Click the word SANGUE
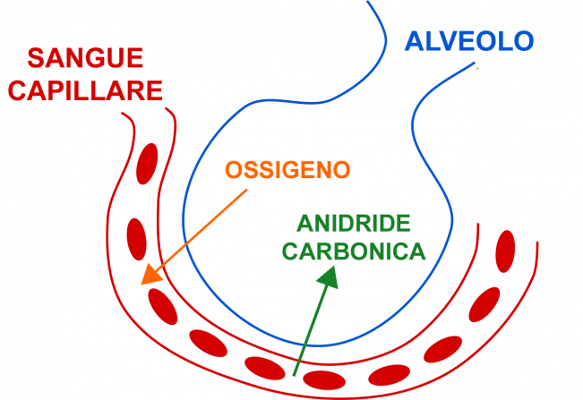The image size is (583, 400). (x=85, y=59)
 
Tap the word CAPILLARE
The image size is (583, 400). (x=95, y=90)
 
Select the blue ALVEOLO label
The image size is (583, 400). (x=468, y=41)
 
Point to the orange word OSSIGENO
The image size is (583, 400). (x=287, y=170)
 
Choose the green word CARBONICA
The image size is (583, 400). (x=354, y=251)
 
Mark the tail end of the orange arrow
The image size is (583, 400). (x=248, y=190)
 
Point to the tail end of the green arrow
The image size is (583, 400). (x=294, y=376)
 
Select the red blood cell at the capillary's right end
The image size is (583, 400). (x=506, y=251)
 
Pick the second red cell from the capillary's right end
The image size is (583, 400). (x=484, y=304)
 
